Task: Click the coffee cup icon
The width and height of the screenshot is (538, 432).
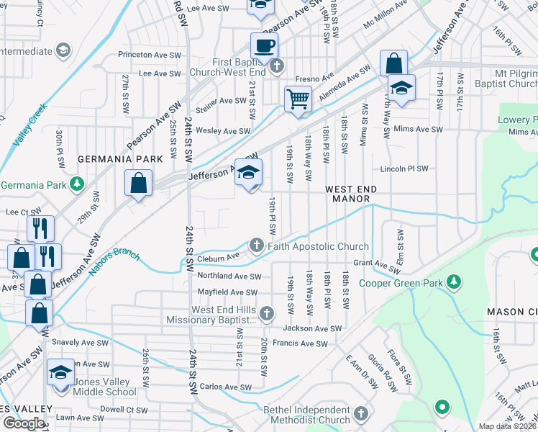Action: click(264, 47)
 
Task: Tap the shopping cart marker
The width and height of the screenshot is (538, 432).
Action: click(297, 99)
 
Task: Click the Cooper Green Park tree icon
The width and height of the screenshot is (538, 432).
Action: click(453, 281)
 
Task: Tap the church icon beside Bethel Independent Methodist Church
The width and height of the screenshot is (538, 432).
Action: click(360, 414)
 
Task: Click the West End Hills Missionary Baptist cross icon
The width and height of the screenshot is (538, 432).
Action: click(267, 313)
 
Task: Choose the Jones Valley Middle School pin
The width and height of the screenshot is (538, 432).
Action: click(61, 372)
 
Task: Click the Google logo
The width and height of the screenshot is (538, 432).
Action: click(24, 423)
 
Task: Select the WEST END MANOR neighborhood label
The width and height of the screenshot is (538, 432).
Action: click(352, 189)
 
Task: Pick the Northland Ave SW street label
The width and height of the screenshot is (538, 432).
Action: click(229, 276)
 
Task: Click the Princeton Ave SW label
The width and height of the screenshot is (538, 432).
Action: click(152, 54)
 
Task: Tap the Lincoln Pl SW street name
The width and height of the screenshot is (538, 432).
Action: click(404, 168)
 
